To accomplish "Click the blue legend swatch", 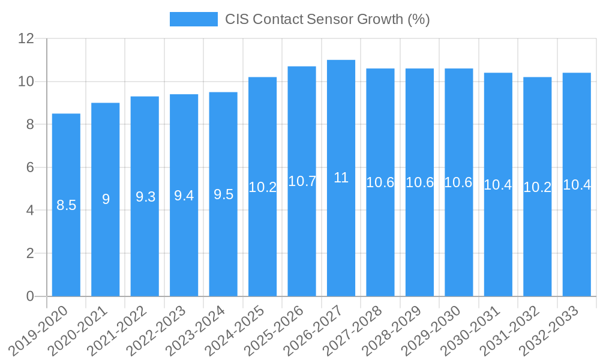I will point(193,19).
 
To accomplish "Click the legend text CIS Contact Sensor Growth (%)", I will point(328,19).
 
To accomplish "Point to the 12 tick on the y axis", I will point(26,38).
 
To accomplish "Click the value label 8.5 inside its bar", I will point(66,205).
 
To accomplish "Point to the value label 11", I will point(341,178).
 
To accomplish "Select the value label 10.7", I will point(302,181).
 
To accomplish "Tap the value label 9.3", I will point(145,197).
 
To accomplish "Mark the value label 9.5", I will point(223,194).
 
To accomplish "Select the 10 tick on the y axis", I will point(26,82).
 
